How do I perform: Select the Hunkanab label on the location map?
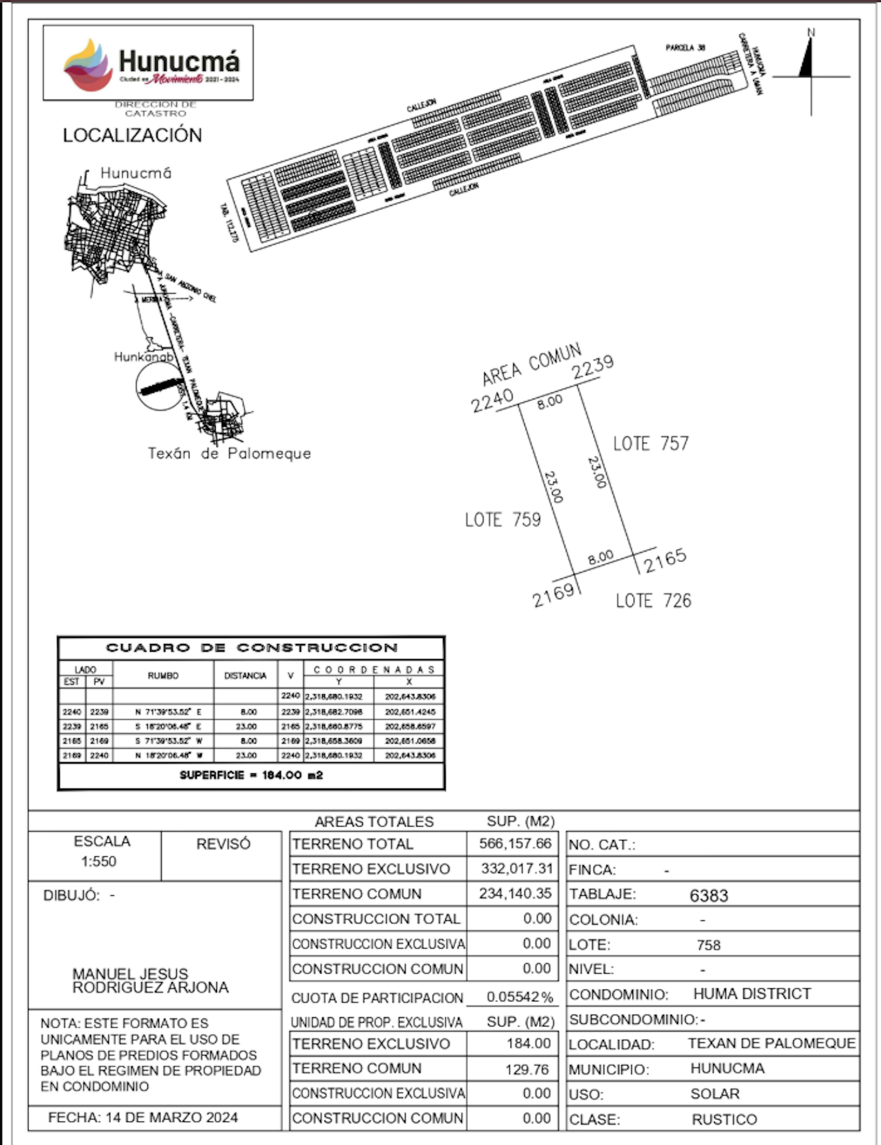[143, 357]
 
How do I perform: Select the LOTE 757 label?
[651, 444]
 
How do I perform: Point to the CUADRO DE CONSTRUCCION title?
[251, 648]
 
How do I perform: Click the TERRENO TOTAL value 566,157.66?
[515, 843]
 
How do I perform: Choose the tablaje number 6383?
[708, 895]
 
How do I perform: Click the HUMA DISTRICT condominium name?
[752, 994]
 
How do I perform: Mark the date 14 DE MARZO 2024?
[171, 1117]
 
